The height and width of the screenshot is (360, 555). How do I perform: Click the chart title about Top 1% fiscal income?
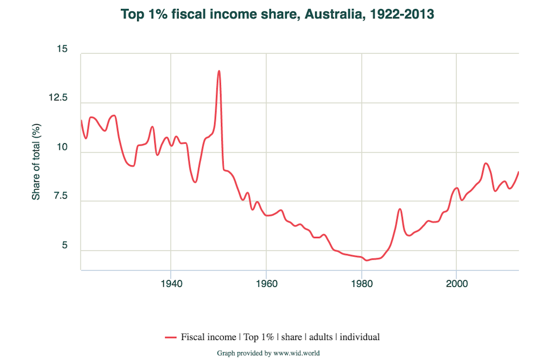(x=277, y=14)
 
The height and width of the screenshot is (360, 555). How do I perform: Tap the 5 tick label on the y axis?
(x=64, y=246)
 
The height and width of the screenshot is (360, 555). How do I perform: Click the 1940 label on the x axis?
(x=170, y=282)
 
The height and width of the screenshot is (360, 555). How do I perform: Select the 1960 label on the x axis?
(x=266, y=282)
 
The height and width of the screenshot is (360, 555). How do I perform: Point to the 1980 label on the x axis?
(x=361, y=282)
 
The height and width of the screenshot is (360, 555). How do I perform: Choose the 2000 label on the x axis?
(x=456, y=282)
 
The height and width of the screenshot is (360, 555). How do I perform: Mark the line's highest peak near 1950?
(x=219, y=71)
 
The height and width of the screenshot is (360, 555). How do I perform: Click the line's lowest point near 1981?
(x=366, y=260)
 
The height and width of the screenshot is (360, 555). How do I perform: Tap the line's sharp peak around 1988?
(x=400, y=209)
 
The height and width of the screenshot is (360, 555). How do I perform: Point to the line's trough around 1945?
(x=195, y=182)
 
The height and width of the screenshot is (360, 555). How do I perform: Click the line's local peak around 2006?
(x=486, y=163)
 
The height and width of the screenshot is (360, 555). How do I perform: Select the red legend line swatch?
(x=170, y=337)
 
